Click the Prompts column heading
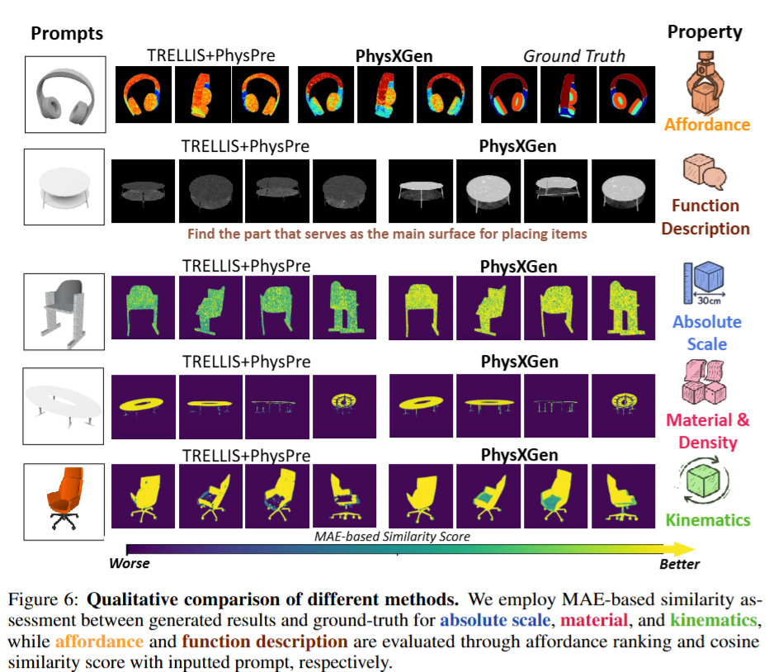67,34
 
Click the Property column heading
705,32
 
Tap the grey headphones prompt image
65,93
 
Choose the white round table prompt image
65,188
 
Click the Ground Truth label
574,56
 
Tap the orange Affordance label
707,125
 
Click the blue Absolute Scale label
706,332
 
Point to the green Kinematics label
708,520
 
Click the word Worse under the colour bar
130,564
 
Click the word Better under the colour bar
679,565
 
